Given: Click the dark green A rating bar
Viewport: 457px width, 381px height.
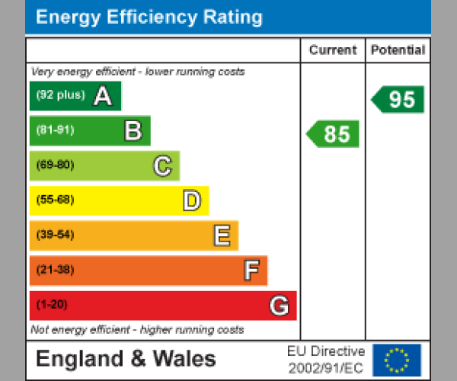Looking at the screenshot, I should point(75,96).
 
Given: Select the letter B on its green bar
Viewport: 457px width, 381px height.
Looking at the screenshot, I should point(133,131).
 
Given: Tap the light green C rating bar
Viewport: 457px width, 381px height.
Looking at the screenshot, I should point(104,165).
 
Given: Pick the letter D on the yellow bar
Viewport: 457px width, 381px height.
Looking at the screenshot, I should point(192,201).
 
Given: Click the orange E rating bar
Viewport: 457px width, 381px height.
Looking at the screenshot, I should point(133,235).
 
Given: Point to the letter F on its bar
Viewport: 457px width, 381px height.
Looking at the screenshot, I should point(251,271).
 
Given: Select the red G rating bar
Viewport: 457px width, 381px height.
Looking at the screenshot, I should point(162,306).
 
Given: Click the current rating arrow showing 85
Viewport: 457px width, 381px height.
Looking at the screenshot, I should point(333,134).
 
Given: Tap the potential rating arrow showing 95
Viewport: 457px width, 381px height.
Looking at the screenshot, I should point(398,99).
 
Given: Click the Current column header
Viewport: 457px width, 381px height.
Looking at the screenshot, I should point(333,50).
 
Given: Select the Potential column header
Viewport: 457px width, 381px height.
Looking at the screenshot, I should point(398,50).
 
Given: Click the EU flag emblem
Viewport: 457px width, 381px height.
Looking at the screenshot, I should point(397,360).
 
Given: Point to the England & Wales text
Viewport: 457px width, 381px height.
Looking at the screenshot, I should point(126,359).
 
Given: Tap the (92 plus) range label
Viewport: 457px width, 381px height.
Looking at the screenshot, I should point(60,95).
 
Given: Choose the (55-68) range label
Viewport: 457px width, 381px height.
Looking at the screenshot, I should point(55,200).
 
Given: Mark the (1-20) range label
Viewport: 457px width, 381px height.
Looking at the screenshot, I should point(52,305).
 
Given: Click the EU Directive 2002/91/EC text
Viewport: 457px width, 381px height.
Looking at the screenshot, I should point(326,360).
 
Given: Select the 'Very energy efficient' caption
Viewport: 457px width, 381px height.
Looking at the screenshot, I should point(138,72).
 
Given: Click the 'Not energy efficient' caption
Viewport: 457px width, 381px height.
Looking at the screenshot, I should point(137,330).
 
